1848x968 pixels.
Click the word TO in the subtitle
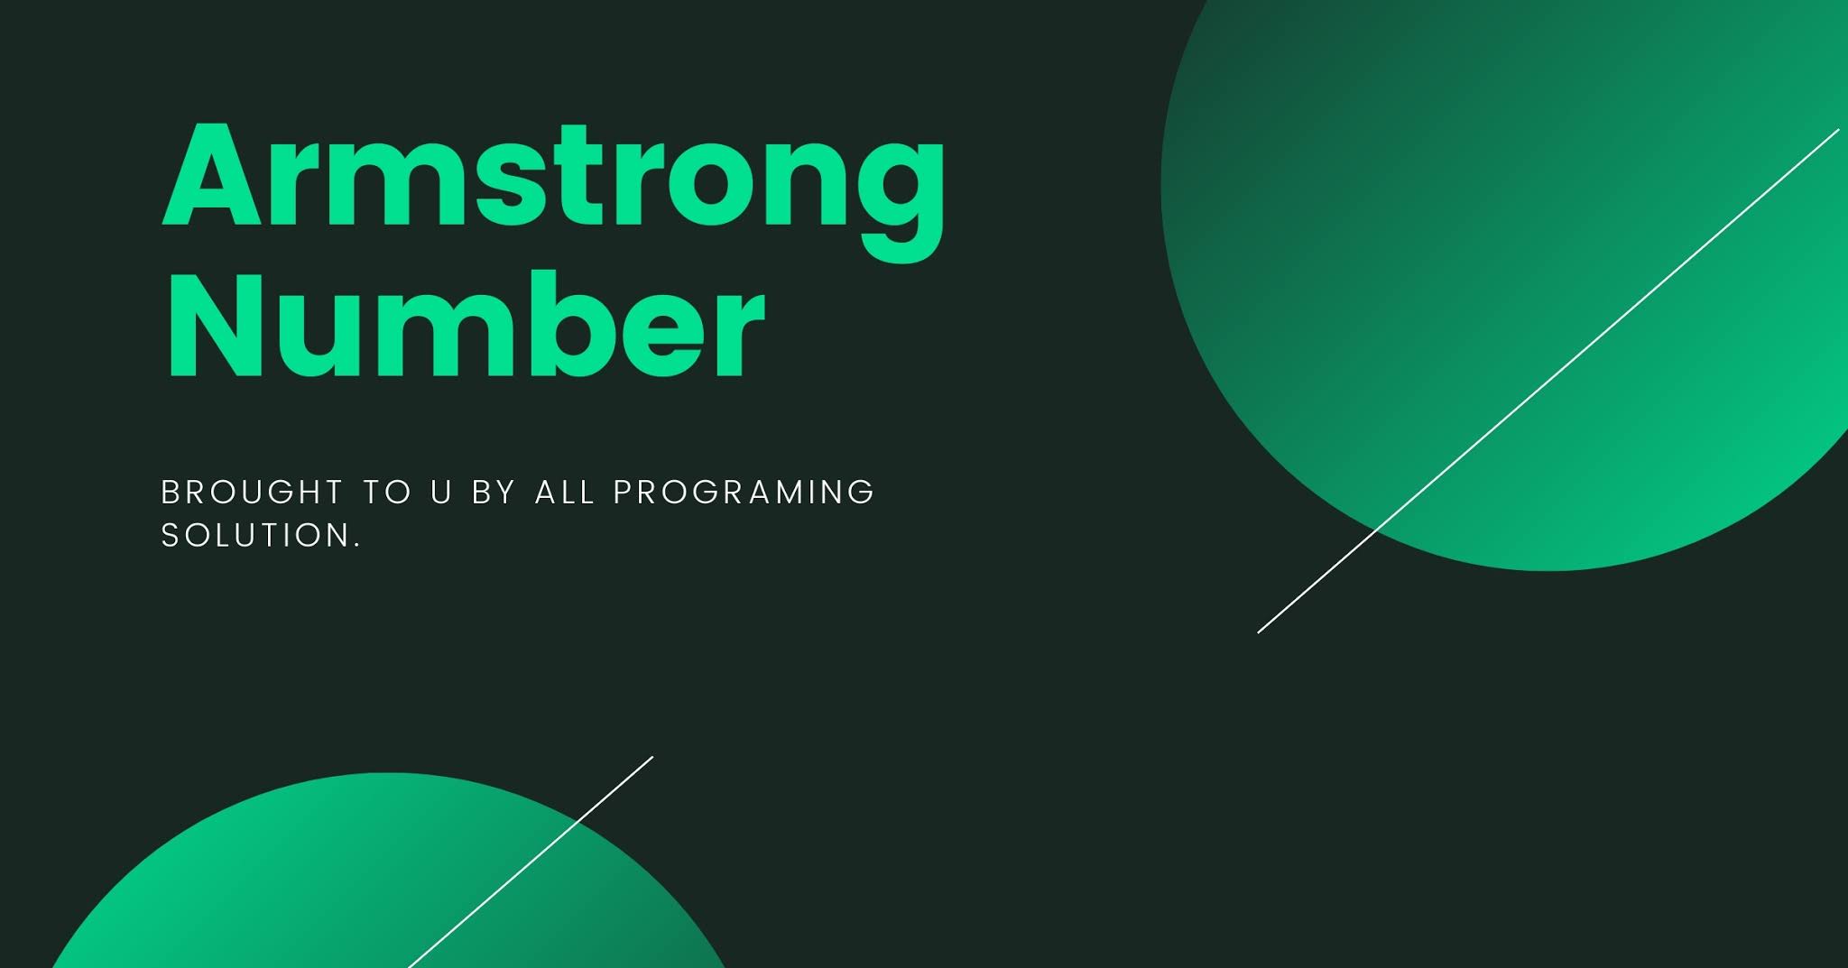[387, 493]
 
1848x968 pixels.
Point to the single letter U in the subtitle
[441, 493]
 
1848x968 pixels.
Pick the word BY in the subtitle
[494, 493]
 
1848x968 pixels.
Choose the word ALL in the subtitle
[566, 493]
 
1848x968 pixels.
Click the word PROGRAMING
[744, 493]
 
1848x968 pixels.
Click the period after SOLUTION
[357, 545]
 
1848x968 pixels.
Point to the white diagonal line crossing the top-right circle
[1548, 381]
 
